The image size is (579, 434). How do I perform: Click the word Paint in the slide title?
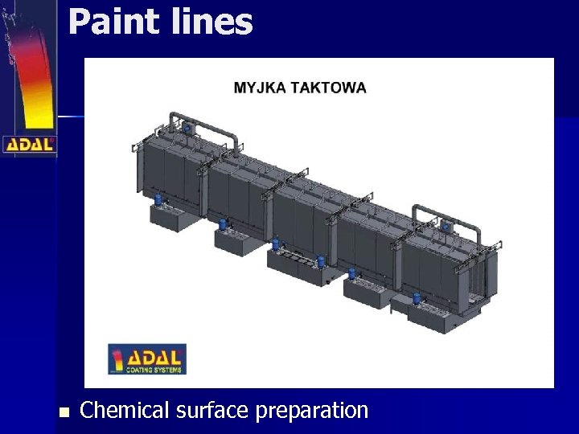[x=114, y=22]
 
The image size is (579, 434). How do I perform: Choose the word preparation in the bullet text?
[x=312, y=411]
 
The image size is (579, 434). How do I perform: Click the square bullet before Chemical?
[x=64, y=412]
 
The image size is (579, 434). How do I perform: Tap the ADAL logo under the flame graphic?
[x=29, y=145]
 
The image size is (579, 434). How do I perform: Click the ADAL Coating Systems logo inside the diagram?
[x=147, y=359]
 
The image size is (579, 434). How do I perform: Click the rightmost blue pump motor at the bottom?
[x=417, y=299]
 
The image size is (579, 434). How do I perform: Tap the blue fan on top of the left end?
[x=190, y=127]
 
